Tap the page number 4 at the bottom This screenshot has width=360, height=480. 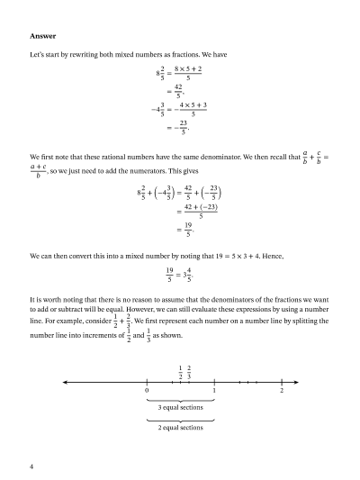32,466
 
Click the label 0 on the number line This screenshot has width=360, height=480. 147,390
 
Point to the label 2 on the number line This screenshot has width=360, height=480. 282,390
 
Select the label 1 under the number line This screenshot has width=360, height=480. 214,390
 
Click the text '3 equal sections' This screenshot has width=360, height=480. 180,408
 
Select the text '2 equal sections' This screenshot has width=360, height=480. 180,428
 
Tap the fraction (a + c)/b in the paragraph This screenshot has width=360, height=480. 40,171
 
